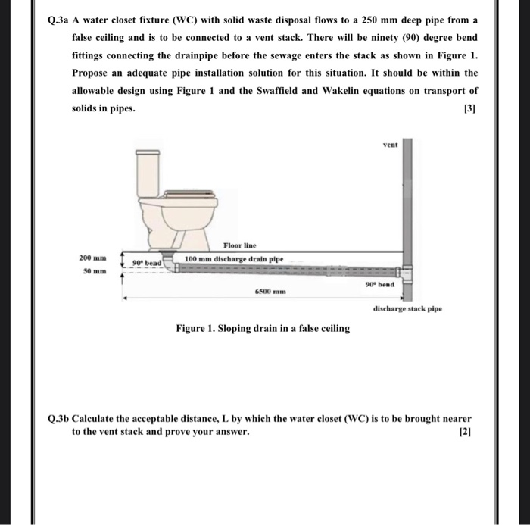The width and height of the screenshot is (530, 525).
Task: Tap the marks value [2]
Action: tap(466, 432)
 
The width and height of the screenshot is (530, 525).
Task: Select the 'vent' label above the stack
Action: tap(391, 143)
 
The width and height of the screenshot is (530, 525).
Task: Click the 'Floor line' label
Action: tap(240, 245)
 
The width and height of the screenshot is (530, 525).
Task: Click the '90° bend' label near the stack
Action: tap(382, 285)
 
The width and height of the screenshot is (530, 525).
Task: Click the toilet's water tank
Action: tap(148, 170)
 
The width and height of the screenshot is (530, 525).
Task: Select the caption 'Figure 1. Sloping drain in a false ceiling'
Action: tap(263, 328)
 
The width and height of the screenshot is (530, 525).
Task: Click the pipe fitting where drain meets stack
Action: tap(407, 272)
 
